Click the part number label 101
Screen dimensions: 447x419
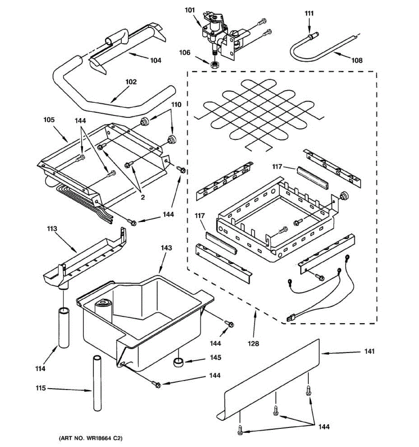tap(190, 10)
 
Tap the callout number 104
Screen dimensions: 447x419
tap(156, 60)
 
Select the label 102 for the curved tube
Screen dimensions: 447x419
tap(131, 82)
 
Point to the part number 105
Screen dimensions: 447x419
tap(49, 120)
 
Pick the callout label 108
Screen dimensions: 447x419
tap(357, 60)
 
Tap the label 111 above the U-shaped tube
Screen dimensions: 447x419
tap(309, 14)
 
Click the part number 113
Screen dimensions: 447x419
tap(51, 229)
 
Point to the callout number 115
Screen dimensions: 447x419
tap(41, 389)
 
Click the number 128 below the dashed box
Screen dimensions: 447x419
tap(253, 343)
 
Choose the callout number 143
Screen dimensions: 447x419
tap(166, 247)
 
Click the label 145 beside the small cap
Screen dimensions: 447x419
tap(216, 358)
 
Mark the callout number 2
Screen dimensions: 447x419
tap(142, 197)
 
